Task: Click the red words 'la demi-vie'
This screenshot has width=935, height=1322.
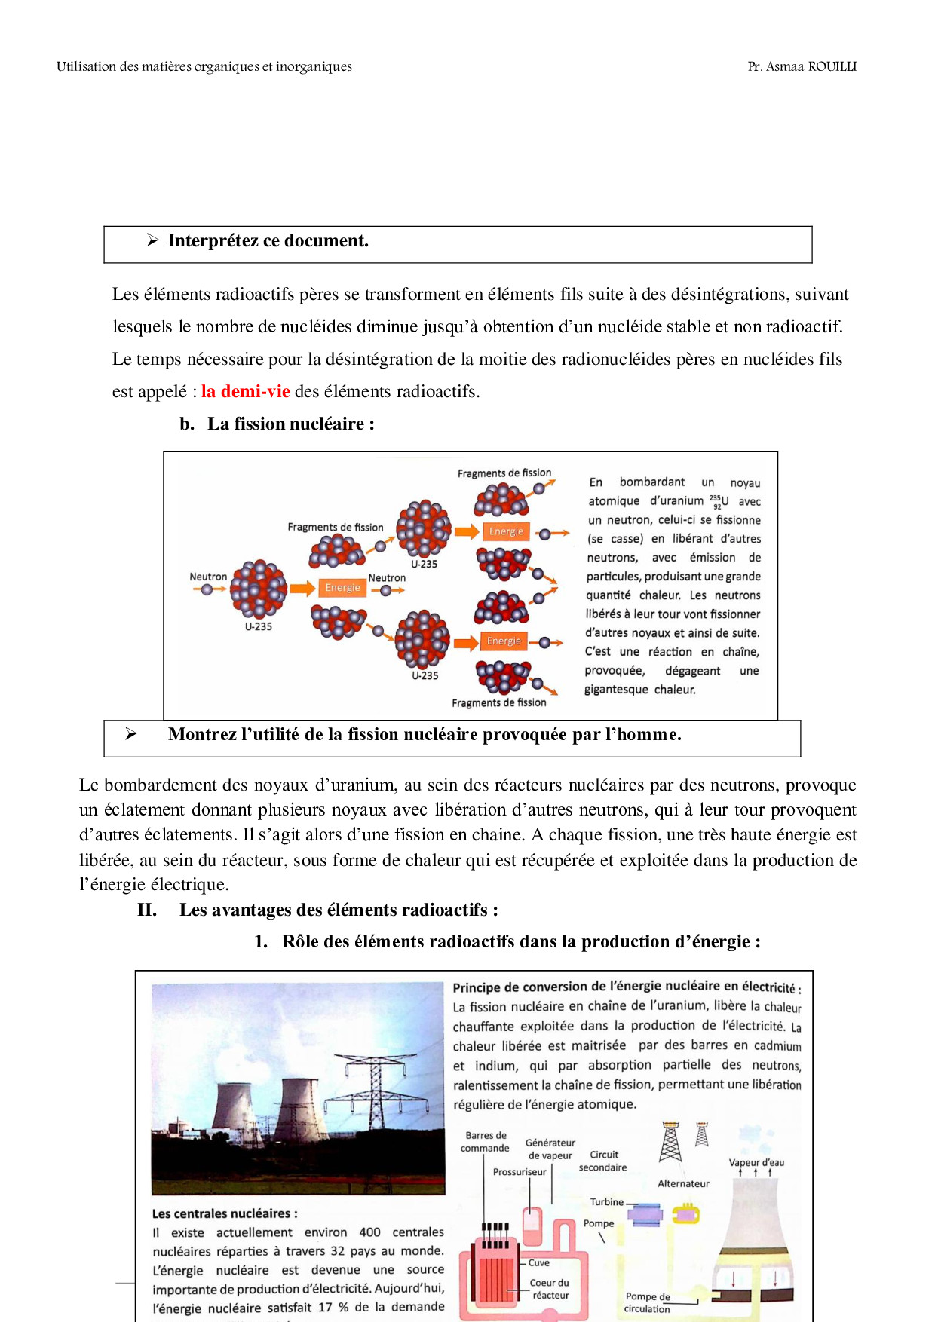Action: click(245, 391)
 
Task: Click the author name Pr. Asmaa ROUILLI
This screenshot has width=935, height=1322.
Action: click(802, 66)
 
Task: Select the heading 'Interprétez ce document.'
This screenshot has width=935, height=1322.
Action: click(268, 241)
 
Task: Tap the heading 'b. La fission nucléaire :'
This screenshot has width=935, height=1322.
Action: click(277, 424)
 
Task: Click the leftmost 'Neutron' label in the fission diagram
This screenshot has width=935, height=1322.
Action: click(208, 577)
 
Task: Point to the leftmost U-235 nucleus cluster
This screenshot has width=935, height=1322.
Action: click(258, 589)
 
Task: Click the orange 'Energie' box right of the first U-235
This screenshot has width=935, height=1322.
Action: click(343, 588)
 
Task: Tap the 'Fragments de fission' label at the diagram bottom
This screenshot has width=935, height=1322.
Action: click(498, 702)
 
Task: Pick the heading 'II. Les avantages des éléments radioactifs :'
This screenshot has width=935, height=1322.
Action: click(317, 910)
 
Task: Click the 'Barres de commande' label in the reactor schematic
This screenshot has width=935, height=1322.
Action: click(485, 1142)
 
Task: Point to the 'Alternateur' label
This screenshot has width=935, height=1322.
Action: click(683, 1183)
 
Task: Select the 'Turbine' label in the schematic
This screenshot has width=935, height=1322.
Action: click(606, 1202)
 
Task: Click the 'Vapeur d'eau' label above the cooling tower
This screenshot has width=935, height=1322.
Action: click(756, 1162)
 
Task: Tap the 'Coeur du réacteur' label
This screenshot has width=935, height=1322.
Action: click(550, 1289)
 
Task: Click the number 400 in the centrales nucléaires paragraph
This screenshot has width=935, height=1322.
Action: click(369, 1232)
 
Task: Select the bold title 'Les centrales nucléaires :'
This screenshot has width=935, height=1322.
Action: click(225, 1213)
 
